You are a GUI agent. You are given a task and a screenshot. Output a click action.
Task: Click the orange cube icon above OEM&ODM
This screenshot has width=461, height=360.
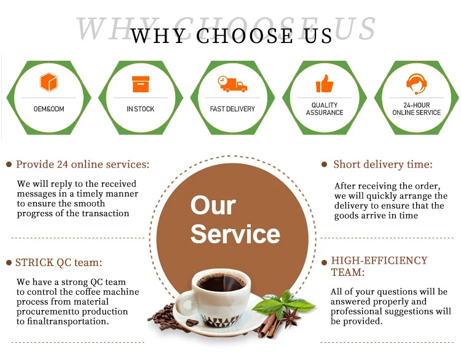tap(49, 82)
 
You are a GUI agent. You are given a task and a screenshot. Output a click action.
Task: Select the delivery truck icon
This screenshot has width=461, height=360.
tap(232, 84)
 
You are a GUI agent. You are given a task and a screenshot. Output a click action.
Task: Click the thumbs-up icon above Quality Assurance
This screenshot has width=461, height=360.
tap(324, 83)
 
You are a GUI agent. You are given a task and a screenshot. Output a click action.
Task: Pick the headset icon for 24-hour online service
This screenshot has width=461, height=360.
tap(416, 83)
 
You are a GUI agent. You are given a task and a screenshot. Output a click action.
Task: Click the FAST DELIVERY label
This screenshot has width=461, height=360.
tap(232, 109)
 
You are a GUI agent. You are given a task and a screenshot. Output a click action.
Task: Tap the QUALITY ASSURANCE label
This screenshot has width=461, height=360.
tap(325, 109)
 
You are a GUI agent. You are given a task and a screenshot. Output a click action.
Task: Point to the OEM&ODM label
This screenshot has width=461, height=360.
tap(49, 109)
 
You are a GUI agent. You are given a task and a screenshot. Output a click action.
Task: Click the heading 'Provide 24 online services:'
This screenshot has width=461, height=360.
tap(82, 165)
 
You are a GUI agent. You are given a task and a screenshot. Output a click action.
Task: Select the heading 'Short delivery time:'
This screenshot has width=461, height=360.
tap(382, 165)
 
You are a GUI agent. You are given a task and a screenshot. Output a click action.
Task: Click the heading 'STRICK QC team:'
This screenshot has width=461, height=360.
tap(58, 263)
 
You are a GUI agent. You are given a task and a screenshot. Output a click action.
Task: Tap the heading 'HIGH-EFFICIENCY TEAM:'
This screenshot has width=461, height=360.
tap(379, 266)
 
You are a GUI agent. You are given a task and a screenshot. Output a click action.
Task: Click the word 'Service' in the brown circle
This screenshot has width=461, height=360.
tap(235, 234)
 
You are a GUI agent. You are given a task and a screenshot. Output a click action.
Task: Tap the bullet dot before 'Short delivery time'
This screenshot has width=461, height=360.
tap(325, 165)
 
